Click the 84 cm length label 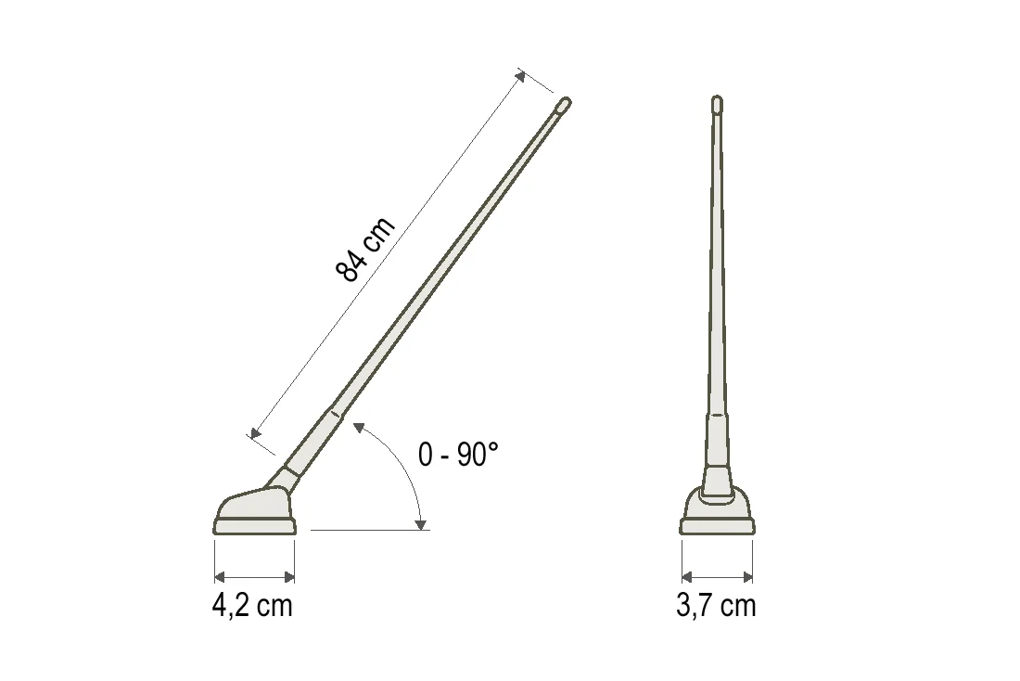click(365, 249)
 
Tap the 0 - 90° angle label click(458, 454)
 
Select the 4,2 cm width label click(252, 606)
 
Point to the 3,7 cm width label click(716, 606)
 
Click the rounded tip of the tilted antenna click(564, 104)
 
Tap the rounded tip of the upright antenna click(718, 103)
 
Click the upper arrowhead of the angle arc click(358, 427)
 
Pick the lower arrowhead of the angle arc click(421, 524)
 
